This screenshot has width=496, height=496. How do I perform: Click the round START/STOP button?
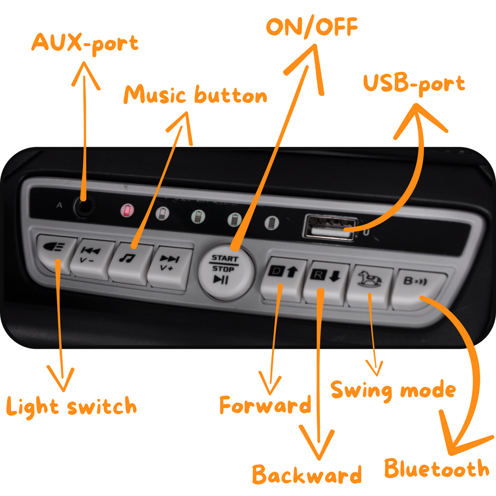[x=226, y=273]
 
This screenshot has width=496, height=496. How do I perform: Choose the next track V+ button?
[x=170, y=268]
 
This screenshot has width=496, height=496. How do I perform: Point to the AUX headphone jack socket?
[x=84, y=206]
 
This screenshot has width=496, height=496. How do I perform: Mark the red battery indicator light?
[x=127, y=210]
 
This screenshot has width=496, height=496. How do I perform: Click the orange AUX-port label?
[x=85, y=43]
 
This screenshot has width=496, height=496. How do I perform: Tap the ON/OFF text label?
[x=312, y=27]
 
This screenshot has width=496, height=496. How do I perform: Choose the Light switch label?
[x=71, y=407]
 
